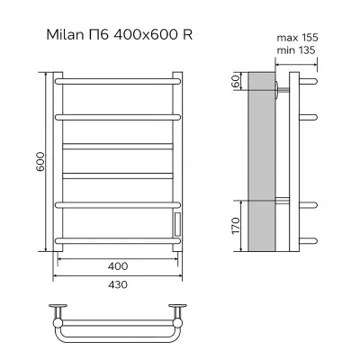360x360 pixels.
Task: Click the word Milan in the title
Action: [x=65, y=35]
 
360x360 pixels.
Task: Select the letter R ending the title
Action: [x=187, y=35]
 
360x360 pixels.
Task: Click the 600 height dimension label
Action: [x=40, y=162]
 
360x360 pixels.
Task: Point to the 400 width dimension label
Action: [x=118, y=266]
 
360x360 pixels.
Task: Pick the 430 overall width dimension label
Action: [x=118, y=284]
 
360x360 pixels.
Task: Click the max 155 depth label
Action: [x=297, y=38]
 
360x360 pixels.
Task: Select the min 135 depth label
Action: [x=296, y=50]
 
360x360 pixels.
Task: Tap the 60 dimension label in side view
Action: [x=237, y=81]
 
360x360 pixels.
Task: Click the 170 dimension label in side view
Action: [x=236, y=226]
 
